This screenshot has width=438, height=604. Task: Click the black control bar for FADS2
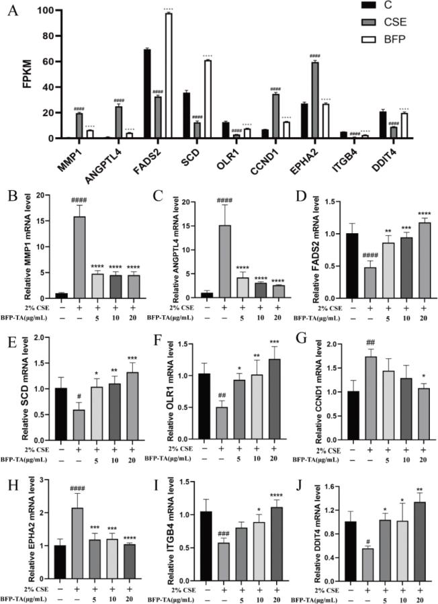(x=146, y=94)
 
